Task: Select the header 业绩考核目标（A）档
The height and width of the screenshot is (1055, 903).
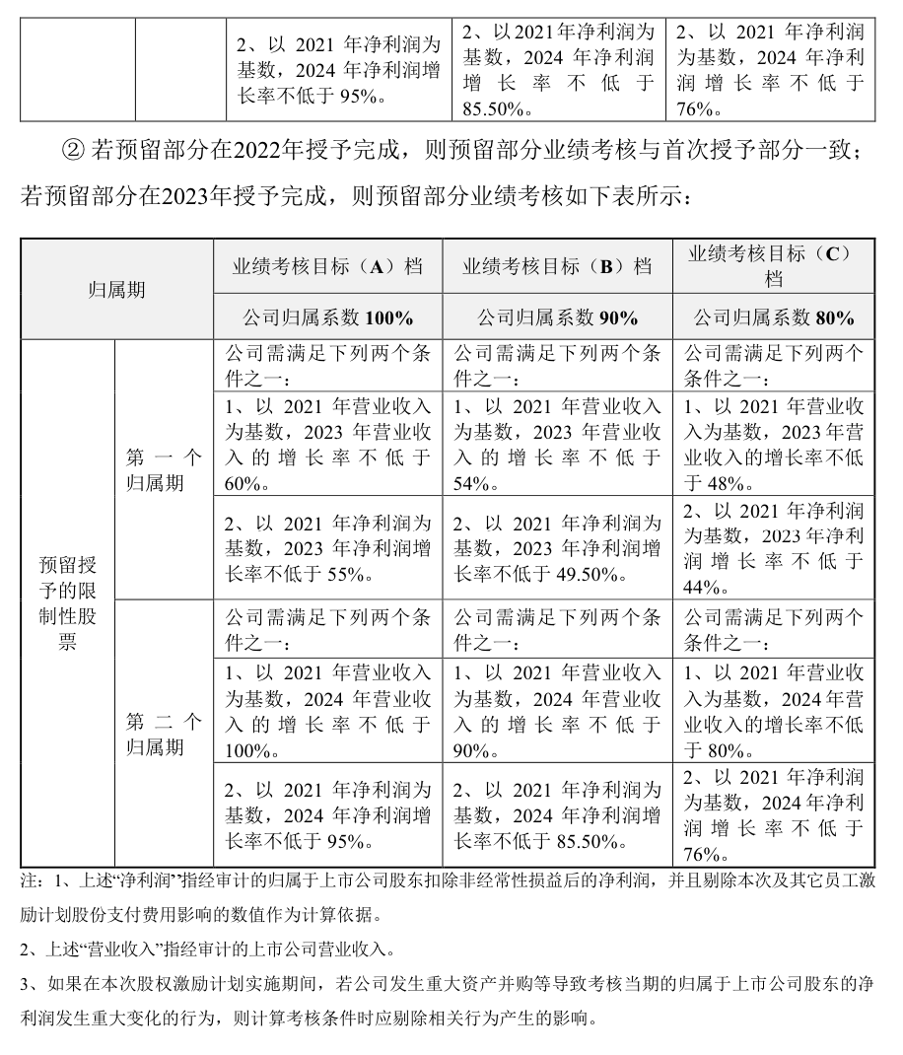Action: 327,266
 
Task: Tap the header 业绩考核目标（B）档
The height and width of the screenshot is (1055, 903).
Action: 558,266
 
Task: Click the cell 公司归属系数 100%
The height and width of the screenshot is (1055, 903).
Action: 327,317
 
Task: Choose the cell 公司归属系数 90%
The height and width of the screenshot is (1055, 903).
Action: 558,317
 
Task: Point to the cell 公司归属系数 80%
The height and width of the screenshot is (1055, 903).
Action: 773,317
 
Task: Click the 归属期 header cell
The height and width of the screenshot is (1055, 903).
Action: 116,290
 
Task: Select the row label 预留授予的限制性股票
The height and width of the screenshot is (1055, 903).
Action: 68,602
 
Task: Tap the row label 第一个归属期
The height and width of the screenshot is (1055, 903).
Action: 164,469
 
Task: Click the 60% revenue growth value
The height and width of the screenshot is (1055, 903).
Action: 243,483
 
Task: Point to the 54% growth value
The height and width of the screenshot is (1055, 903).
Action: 472,483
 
